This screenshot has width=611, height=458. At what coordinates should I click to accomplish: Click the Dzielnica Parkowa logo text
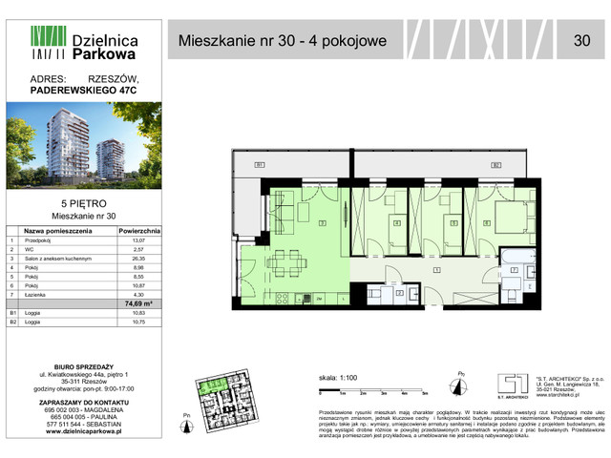pos(105,49)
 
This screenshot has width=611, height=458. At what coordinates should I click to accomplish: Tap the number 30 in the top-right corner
pos(581,40)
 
